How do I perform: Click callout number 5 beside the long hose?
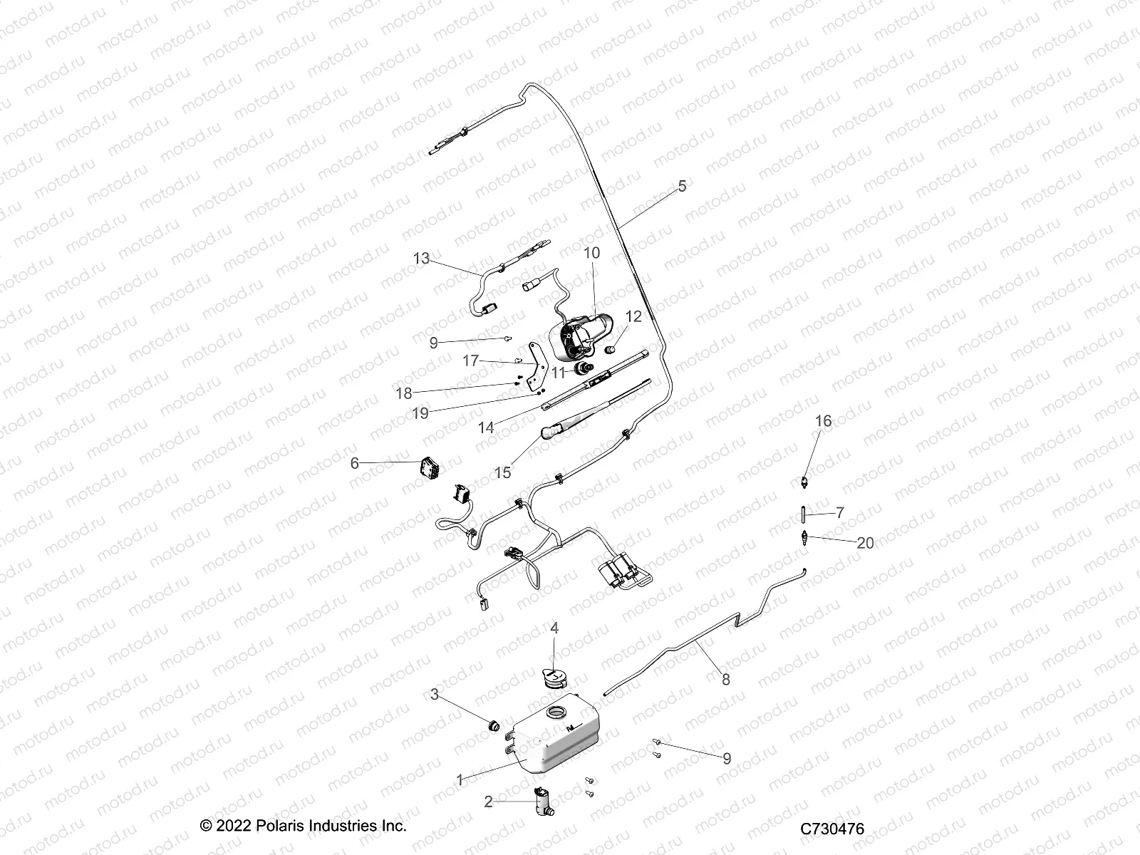(682, 186)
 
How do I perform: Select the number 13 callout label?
(422, 259)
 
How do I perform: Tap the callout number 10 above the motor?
(591, 253)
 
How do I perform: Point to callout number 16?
(823, 421)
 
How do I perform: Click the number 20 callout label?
(845, 543)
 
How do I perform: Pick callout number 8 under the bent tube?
(726, 679)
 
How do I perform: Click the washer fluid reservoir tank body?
(556, 745)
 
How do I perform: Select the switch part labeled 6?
(429, 468)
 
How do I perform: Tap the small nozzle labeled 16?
(804, 481)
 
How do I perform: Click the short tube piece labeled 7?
(803, 513)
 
